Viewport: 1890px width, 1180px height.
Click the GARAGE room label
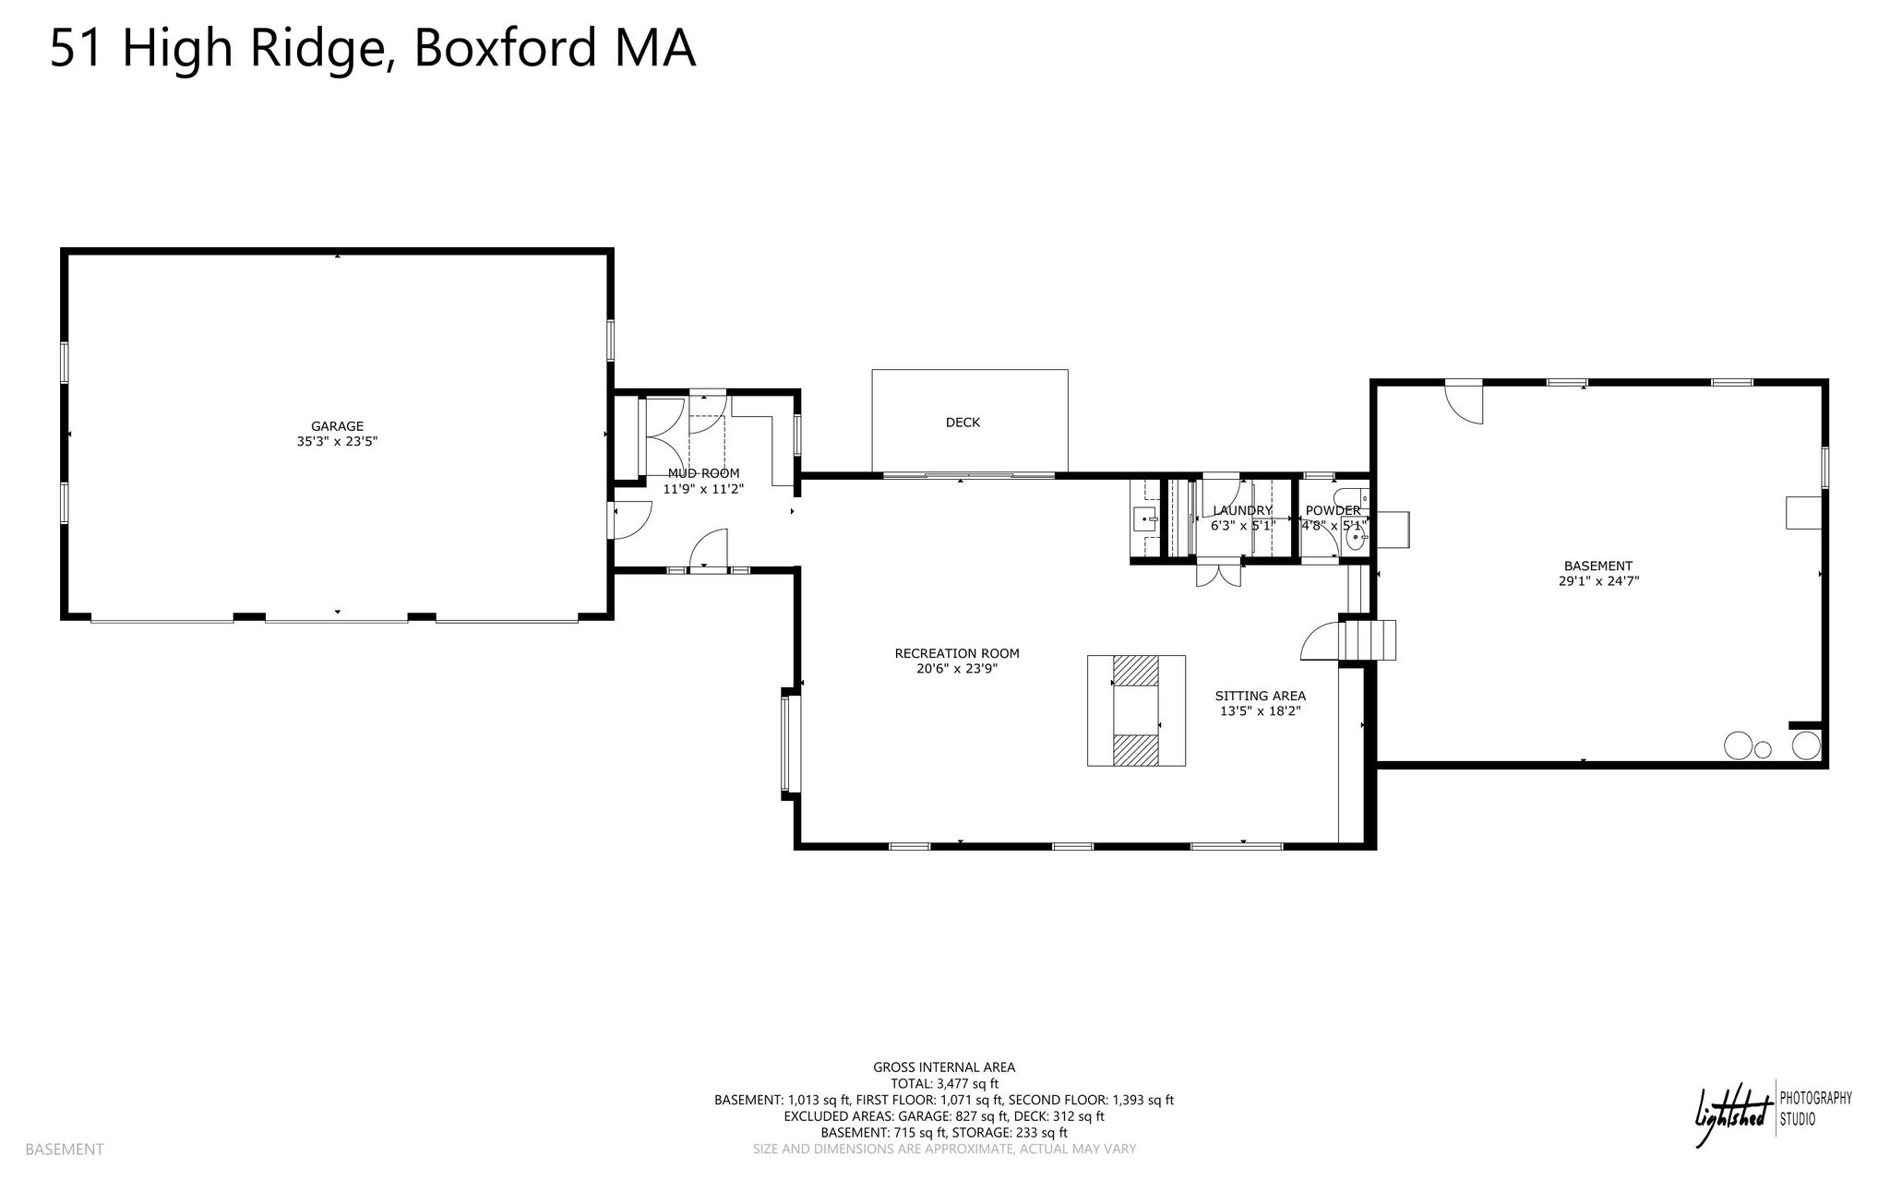[337, 426]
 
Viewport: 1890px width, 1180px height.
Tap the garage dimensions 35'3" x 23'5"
[337, 442]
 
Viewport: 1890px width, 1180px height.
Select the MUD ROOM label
[703, 473]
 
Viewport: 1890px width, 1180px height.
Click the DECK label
[963, 423]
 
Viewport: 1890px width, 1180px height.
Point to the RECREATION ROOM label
[957, 654]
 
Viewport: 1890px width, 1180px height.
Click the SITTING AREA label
[1260, 697]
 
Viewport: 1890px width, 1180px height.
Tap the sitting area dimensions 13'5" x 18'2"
[1260, 711]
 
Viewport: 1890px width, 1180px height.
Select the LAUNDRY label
[1242, 510]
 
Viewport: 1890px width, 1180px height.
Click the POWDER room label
[1333, 510]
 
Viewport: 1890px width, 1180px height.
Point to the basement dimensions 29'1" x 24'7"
[1597, 581]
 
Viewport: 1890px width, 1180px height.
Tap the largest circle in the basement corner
[1739, 745]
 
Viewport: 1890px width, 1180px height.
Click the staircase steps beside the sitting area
[1369, 640]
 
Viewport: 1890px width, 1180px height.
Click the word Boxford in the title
[506, 48]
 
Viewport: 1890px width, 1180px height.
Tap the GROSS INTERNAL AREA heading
[944, 1067]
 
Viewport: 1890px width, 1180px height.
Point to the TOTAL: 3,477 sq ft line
[944, 1084]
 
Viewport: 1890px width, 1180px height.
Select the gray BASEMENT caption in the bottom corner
[65, 1150]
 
